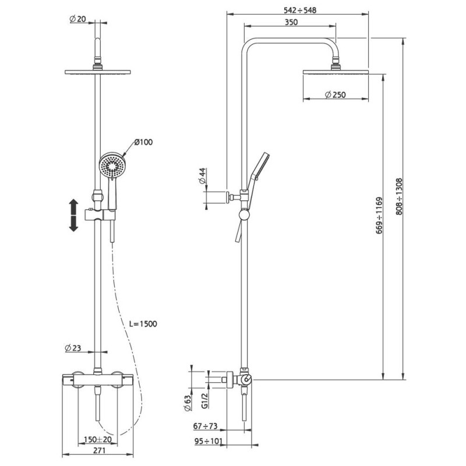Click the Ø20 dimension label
point(77,19)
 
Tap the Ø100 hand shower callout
point(143,142)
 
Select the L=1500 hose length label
point(143,324)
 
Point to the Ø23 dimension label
point(73,348)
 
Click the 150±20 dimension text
point(97,440)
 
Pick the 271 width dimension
point(99,450)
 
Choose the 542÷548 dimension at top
point(300,10)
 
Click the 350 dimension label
point(291,22)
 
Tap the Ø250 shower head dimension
point(336,95)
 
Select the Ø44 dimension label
point(202,176)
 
